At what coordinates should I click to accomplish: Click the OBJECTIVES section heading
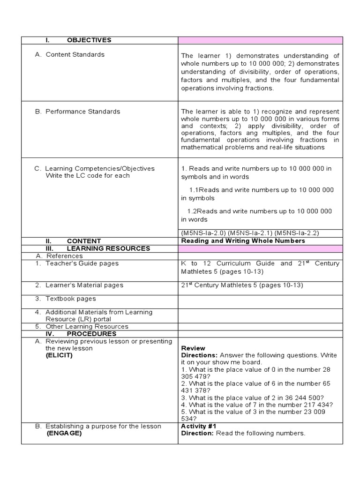[89, 40]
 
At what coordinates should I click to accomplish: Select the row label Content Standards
[75, 54]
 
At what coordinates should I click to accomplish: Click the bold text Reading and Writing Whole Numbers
[243, 241]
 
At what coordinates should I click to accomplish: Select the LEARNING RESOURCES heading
[108, 248]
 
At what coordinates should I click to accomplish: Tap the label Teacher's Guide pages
[82, 263]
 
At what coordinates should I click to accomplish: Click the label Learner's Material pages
[84, 285]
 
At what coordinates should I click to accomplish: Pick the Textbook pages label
[71, 299]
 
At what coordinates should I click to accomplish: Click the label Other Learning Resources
[87, 326]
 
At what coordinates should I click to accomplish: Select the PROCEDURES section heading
[91, 334]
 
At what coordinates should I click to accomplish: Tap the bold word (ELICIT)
[59, 355]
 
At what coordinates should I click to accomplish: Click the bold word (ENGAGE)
[64, 434]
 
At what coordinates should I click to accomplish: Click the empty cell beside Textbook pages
[260, 299]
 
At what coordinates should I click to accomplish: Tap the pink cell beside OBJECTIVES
[260, 40]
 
